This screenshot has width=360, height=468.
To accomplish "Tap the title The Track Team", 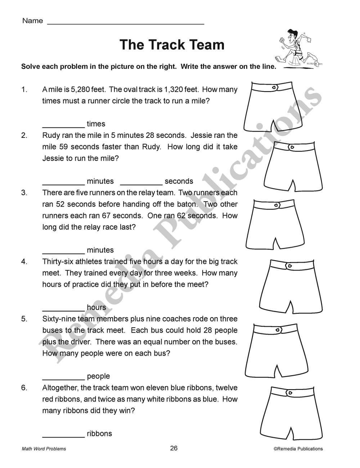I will (x=172, y=45).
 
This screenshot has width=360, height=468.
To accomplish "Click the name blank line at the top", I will (x=126, y=23).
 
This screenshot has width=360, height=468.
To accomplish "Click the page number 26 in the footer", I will (x=174, y=448).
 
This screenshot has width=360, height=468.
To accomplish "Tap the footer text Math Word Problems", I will (x=44, y=449).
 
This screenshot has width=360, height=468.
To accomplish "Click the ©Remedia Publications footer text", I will (x=298, y=449).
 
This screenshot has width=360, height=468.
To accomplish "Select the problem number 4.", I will (x=24, y=262).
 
